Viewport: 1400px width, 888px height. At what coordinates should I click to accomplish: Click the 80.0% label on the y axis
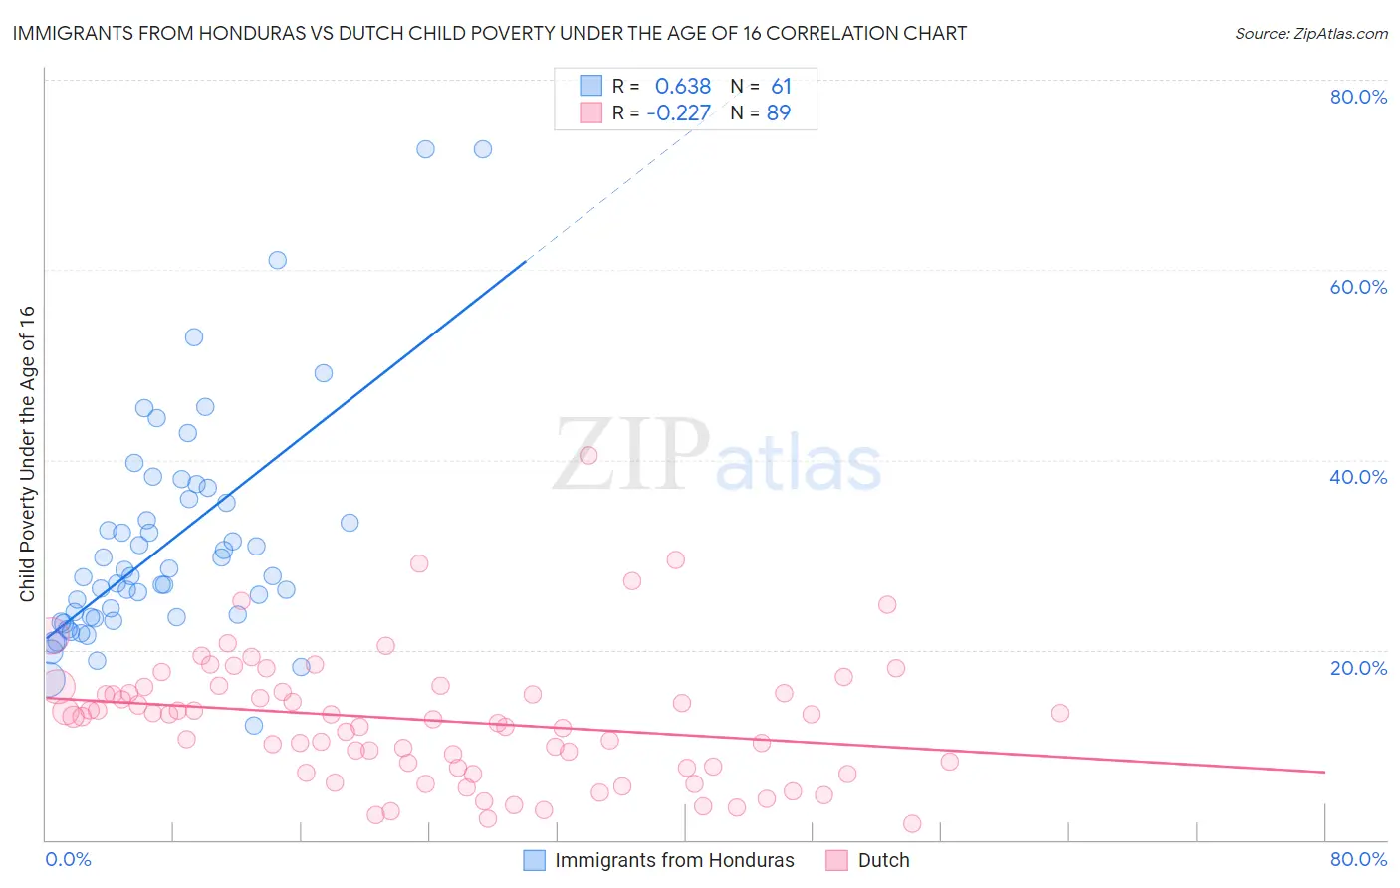(x=1358, y=97)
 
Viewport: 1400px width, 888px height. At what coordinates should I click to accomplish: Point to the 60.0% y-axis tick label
(x=1358, y=287)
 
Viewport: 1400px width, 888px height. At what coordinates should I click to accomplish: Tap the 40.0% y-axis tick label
(x=1358, y=477)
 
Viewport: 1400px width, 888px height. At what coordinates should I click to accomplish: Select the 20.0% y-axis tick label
(x=1358, y=667)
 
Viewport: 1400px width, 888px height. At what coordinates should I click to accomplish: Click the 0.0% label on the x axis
(x=68, y=859)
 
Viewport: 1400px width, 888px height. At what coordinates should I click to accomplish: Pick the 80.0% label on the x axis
(x=1358, y=859)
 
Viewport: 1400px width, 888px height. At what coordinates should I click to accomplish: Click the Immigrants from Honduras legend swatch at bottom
(x=535, y=860)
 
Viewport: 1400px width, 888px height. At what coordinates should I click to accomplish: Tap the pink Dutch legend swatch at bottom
(x=836, y=860)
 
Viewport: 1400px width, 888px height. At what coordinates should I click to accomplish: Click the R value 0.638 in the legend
(x=683, y=87)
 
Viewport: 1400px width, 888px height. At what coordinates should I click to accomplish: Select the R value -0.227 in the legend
(x=679, y=113)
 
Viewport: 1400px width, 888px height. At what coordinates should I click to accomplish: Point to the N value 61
(x=781, y=87)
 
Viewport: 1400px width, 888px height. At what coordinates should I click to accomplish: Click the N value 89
(x=779, y=113)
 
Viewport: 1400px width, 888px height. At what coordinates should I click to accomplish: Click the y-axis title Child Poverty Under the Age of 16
(x=28, y=454)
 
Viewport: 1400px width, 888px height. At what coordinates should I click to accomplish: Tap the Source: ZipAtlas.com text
(x=1310, y=34)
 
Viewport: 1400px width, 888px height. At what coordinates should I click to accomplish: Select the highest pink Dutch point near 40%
(x=588, y=455)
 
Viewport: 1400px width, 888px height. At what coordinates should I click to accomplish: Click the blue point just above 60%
(x=278, y=260)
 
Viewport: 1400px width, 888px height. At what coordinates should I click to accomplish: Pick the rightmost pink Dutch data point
(x=1060, y=713)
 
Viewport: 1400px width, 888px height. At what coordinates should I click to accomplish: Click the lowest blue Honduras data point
(x=254, y=726)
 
